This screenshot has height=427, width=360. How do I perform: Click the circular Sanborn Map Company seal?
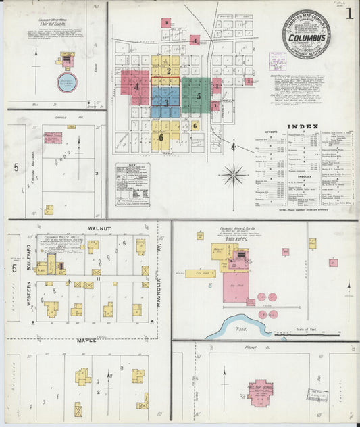coord(306,34)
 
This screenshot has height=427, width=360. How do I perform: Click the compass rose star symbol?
coord(234,176)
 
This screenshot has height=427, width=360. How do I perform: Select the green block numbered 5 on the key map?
coord(199,96)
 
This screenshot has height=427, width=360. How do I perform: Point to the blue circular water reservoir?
coord(66,82)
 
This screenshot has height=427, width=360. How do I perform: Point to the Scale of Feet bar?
coord(312,332)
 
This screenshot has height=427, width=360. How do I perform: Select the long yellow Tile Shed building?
coord(201,274)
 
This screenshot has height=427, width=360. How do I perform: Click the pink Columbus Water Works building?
coord(68,61)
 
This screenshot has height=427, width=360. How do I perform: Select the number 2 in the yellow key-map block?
coord(169,70)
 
